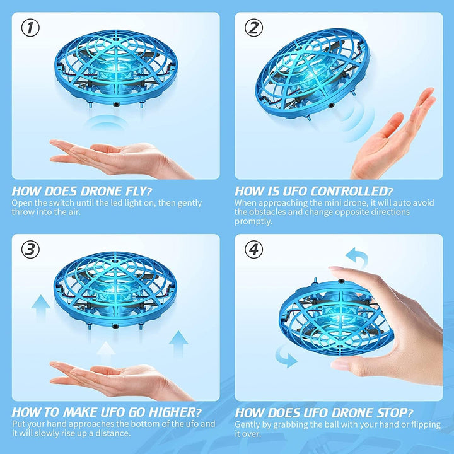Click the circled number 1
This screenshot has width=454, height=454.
pos(30,28)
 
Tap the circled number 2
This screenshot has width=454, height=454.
pos(253,28)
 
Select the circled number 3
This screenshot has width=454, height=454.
pos(30,249)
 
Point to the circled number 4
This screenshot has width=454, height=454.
pos(253,250)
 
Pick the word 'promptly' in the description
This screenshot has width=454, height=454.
pos(253,221)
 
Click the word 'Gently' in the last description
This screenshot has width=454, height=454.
pos(249,425)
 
